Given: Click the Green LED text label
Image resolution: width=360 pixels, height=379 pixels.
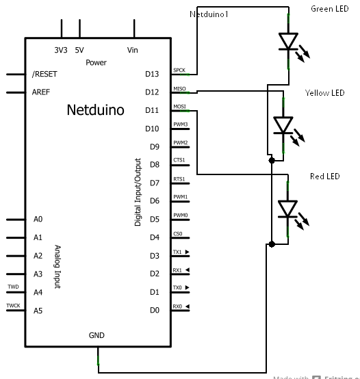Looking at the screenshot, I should pos(330,9).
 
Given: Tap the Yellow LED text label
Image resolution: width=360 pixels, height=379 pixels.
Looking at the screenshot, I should pos(325,93).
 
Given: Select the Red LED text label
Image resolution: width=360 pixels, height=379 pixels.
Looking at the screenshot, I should pos(324,177).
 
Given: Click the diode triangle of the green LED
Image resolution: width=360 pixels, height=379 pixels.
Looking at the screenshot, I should pos(288,42).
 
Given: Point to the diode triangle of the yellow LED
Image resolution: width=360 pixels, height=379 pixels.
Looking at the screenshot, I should pos(283,125).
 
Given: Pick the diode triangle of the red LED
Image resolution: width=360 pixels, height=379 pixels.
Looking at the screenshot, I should pos(288,208).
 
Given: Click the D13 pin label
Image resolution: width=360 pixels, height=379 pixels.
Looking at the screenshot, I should pos(152,74).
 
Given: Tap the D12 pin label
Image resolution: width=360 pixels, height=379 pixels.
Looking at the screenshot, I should pos(152,92).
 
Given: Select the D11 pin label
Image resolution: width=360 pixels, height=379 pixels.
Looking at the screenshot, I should pos(152,110).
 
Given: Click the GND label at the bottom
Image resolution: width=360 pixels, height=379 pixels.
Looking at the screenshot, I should pos(97,336).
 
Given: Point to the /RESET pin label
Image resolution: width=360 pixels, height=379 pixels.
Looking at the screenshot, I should pos(45,74).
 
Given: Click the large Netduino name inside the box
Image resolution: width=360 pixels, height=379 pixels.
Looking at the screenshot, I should pos(95,109).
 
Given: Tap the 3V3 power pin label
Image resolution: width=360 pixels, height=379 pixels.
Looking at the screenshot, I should pos(61,50).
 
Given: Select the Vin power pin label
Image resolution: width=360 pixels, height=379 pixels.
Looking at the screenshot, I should pos(133,50).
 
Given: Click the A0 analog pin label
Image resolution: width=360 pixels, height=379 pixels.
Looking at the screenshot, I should pos(38,220).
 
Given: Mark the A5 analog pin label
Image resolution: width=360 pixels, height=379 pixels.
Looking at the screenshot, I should pos(38,311).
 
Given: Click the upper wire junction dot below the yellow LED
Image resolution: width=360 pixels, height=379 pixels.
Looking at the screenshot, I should pos(272,160).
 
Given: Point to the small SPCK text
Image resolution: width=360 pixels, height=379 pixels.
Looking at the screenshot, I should pos(179,70).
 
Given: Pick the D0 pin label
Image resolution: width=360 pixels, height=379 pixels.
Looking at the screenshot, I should pos(154,311).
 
